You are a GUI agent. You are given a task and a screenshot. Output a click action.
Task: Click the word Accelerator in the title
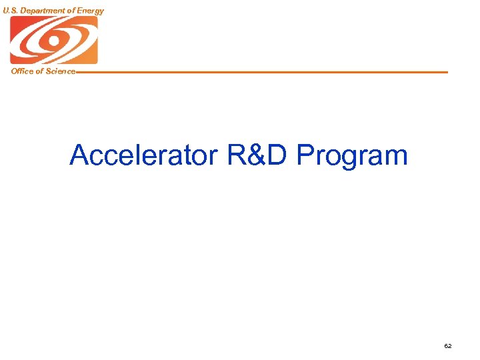pos(143,155)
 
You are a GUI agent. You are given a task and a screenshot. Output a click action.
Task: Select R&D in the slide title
pos(258,155)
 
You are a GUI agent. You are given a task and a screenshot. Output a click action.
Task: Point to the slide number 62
pos(447,346)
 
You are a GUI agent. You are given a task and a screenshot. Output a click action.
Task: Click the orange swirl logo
pos(53,40)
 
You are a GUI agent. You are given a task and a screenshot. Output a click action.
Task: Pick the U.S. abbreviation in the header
pos(11,11)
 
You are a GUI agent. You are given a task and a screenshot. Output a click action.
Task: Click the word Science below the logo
pos(59,71)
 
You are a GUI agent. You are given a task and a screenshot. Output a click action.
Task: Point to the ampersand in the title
pos(259,155)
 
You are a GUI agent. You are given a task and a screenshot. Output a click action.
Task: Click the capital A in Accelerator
pos(79,155)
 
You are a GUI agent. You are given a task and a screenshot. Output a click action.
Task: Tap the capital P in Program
pos(305,155)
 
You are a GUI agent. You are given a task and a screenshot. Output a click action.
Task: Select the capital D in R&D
pos(279,155)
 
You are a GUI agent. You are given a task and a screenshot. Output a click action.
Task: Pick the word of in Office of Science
pos(39,71)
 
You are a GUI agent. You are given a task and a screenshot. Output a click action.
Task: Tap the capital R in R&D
pos(237,155)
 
